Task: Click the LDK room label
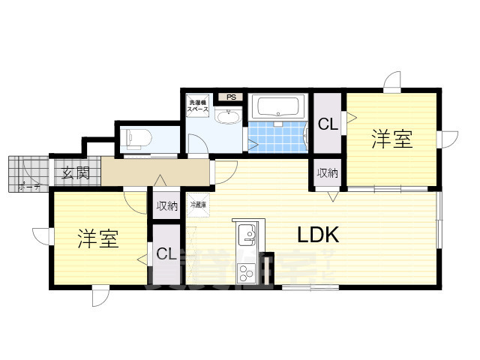click(x=319, y=235)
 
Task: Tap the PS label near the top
click(x=231, y=97)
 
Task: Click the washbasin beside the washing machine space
click(x=227, y=117)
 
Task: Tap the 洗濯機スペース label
click(x=197, y=105)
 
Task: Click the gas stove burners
click(x=246, y=273)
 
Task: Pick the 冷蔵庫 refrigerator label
click(x=198, y=204)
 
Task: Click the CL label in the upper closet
click(x=328, y=124)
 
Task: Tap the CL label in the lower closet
click(x=166, y=254)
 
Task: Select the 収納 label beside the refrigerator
click(x=166, y=205)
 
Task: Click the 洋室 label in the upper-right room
click(x=392, y=139)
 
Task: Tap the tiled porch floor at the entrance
click(x=28, y=174)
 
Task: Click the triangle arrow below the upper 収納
click(x=332, y=196)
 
